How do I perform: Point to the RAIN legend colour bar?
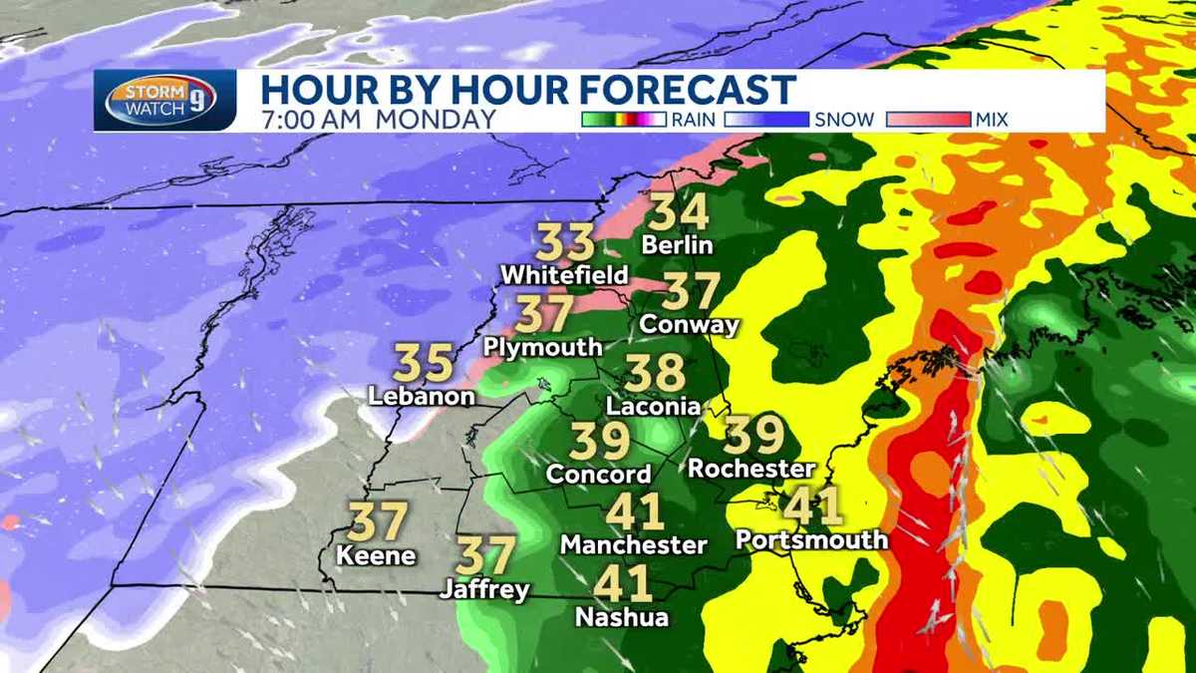(x=624, y=120)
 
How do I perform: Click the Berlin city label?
(x=678, y=244)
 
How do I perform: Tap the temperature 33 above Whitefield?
(x=566, y=242)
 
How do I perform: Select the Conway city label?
(x=690, y=324)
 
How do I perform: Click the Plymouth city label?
(x=543, y=347)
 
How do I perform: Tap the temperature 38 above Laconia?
(x=656, y=374)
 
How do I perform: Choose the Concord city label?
(x=599, y=474)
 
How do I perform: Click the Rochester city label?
(x=752, y=468)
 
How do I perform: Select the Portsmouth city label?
(x=811, y=539)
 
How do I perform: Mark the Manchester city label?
(x=634, y=545)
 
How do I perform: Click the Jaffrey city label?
(x=485, y=589)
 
